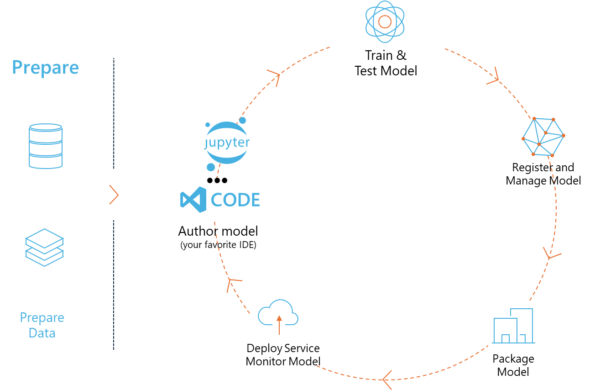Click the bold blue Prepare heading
[x=46, y=68]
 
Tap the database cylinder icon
[x=46, y=146]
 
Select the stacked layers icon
[x=44, y=248]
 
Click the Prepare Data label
[x=42, y=325]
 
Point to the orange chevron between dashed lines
[x=114, y=195]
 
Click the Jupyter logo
[x=227, y=143]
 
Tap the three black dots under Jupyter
[x=217, y=180]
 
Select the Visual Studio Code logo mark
[x=193, y=200]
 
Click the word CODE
[x=235, y=200]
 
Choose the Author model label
[x=218, y=231]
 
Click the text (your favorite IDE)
[x=219, y=245]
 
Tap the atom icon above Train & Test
[x=385, y=22]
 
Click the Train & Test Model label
[x=386, y=63]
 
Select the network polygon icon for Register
[x=543, y=137]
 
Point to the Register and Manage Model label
[x=543, y=174]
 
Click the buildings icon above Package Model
[x=513, y=326]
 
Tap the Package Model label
[x=513, y=365]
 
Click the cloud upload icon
[x=278, y=316]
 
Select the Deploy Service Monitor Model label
[x=283, y=355]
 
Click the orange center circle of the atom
[x=385, y=22]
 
